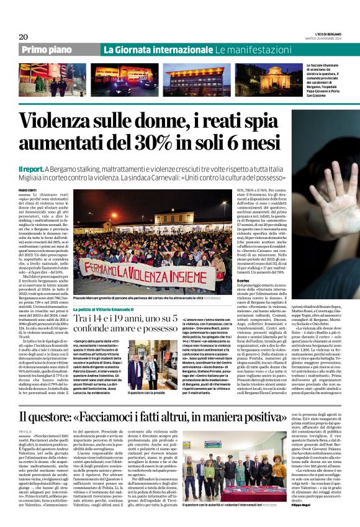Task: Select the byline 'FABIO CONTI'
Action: [x=27, y=190]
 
